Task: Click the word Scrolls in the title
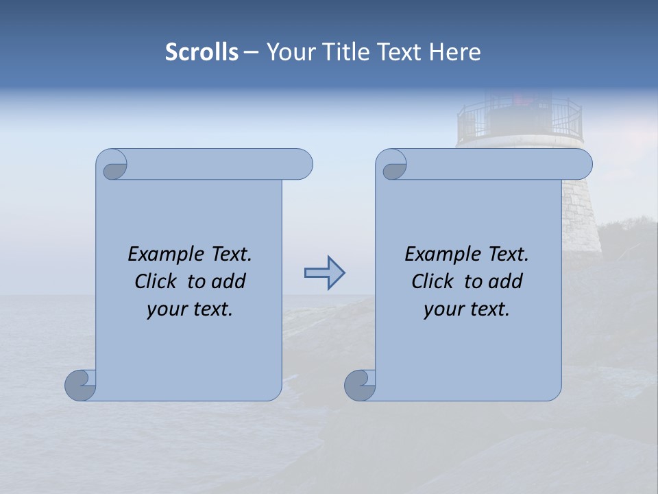(202, 52)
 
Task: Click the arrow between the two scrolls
(324, 273)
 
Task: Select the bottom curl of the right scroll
(361, 385)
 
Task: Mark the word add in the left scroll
(229, 281)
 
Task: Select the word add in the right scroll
(506, 281)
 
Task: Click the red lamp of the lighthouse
(522, 102)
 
